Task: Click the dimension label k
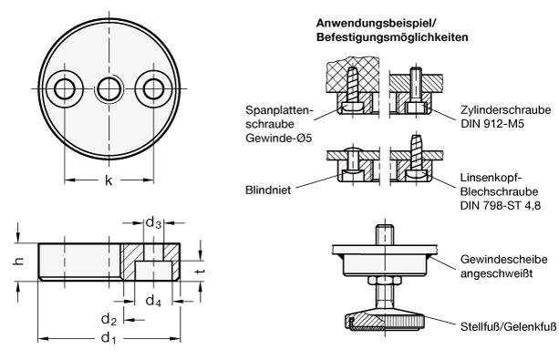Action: pos(109,180)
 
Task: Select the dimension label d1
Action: pos(109,337)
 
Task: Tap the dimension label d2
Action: pos(109,319)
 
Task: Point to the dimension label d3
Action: pos(153,222)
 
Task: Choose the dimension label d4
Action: pos(153,301)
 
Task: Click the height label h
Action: pos(18,262)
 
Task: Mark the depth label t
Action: pos(201,272)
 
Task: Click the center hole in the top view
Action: pos(109,88)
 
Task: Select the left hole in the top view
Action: pos(65,88)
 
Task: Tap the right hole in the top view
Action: pos(153,88)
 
